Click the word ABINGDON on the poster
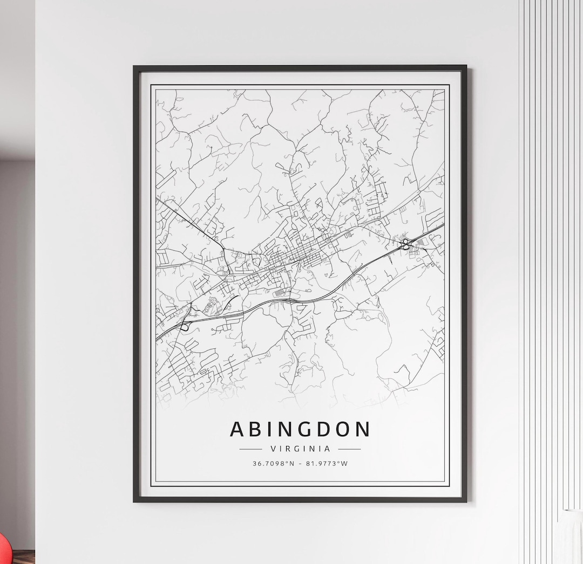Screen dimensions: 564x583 click(300, 429)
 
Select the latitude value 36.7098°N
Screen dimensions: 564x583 click(273, 463)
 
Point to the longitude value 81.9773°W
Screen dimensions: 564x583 click(327, 463)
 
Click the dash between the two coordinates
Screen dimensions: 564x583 click(300, 463)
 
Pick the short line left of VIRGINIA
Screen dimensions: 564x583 click(250, 449)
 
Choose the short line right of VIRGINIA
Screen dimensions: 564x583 click(349, 449)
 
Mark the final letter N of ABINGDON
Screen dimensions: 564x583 click(363, 429)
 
